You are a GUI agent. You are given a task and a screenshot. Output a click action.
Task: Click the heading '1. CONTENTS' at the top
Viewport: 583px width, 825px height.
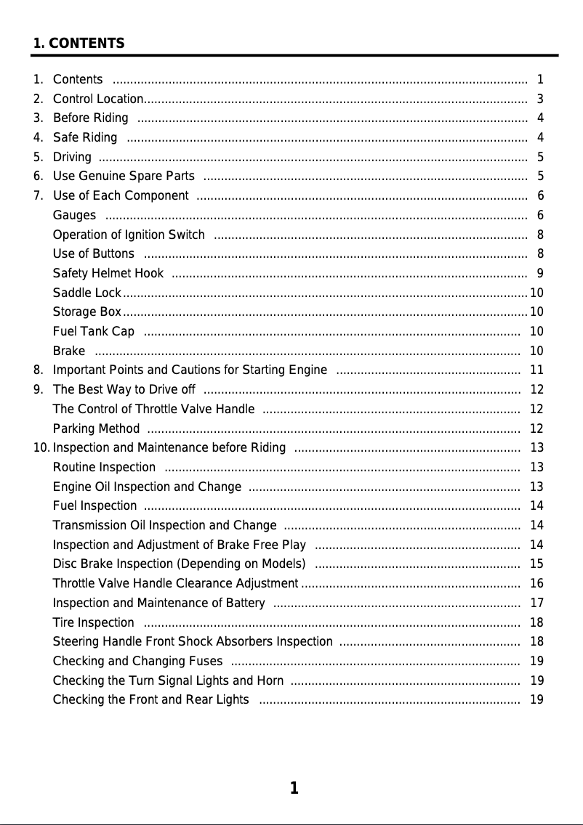pos(79,44)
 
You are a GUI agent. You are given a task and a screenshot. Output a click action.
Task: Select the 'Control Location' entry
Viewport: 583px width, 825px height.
pos(98,99)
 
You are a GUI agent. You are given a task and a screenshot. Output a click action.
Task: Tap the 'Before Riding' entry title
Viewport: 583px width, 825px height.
pos(91,118)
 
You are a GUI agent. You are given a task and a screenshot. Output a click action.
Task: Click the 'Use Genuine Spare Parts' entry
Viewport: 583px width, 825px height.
pos(124,176)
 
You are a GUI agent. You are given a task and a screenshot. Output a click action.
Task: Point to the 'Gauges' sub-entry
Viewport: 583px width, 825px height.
pos(74,215)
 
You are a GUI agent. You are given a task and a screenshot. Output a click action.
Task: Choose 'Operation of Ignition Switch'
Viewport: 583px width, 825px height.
pos(129,235)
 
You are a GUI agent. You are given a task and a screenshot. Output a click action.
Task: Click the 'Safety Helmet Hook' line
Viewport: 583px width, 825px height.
pos(108,273)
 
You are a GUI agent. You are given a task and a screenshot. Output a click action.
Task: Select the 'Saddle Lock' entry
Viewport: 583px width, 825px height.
pos(87,293)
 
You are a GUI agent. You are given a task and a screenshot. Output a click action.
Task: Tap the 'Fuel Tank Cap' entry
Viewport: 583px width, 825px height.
pos(94,332)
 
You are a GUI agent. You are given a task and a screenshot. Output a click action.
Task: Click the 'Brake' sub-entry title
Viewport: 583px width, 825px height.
pos(69,351)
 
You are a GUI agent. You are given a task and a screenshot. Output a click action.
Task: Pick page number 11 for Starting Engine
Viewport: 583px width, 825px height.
pos(537,370)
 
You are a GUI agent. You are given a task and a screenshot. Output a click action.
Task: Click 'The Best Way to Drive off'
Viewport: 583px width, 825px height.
pos(124,390)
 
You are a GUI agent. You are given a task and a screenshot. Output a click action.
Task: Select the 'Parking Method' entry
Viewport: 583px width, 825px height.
pos(97,428)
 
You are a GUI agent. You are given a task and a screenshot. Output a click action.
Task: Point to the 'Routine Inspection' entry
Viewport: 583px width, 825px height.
pos(104,467)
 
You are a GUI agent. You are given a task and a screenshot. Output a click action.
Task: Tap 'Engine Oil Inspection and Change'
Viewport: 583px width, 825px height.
pos(147,487)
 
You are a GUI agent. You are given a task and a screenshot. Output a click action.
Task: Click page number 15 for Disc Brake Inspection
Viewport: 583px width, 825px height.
pos(537,564)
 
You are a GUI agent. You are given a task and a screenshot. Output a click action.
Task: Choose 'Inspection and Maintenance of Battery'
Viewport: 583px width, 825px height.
pos(158,603)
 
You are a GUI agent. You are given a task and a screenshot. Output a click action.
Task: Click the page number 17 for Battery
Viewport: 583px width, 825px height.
pos(537,603)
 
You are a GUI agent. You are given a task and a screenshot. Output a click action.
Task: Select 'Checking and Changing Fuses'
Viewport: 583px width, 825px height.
pos(137,661)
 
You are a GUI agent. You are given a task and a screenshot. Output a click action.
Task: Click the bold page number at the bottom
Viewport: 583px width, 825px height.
pos(294,789)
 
